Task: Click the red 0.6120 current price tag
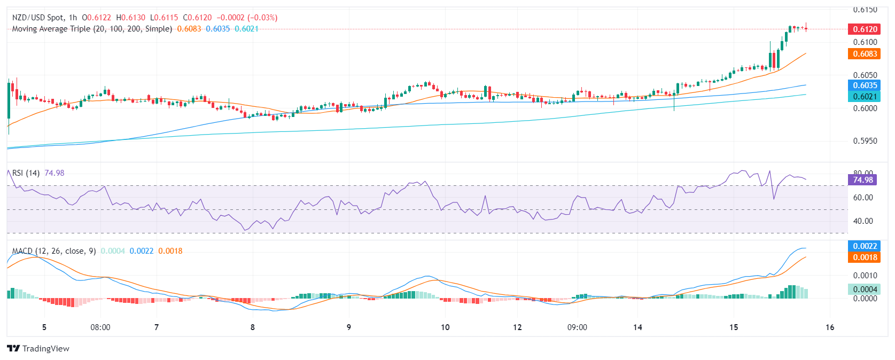(863, 29)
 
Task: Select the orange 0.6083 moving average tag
(863, 54)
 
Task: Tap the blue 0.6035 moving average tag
(863, 85)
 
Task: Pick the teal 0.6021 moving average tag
(863, 97)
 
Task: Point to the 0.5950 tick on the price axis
(865, 141)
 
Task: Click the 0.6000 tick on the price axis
(865, 108)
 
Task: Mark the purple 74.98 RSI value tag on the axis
(862, 180)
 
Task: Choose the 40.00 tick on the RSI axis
(863, 221)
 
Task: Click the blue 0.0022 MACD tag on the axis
(863, 246)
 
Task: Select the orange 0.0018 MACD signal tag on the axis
(863, 257)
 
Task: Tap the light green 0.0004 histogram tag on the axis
(863, 289)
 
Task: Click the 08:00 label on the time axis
(100, 327)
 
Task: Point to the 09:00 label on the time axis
(577, 327)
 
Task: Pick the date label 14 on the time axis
(637, 327)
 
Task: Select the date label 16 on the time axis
(830, 327)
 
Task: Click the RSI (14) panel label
(26, 173)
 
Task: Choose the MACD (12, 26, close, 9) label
(54, 251)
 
